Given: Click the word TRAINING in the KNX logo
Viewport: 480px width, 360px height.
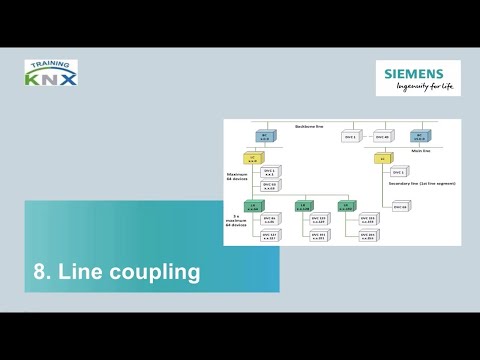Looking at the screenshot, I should (x=51, y=64).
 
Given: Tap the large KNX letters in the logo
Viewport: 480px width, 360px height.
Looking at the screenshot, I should (x=51, y=76).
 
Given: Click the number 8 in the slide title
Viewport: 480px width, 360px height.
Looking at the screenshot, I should (x=41, y=271).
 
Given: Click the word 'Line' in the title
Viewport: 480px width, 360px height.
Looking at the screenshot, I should (x=82, y=271).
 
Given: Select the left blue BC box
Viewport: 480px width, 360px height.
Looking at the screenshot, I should (x=266, y=136).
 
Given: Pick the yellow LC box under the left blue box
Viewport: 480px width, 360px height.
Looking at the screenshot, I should (x=253, y=158).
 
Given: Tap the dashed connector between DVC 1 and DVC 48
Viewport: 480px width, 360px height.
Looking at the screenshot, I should (x=365, y=137).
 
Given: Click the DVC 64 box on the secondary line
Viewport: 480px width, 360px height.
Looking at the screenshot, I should (x=400, y=206).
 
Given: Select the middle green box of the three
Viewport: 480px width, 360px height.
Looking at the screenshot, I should (x=301, y=206).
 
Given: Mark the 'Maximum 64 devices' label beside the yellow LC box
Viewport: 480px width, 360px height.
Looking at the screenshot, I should (x=237, y=176).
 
